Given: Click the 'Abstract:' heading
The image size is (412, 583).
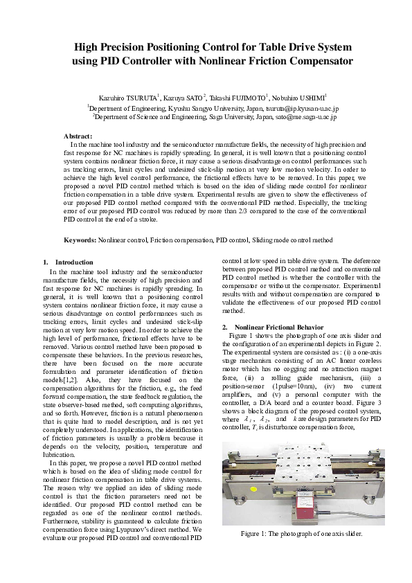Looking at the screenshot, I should point(78,136).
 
